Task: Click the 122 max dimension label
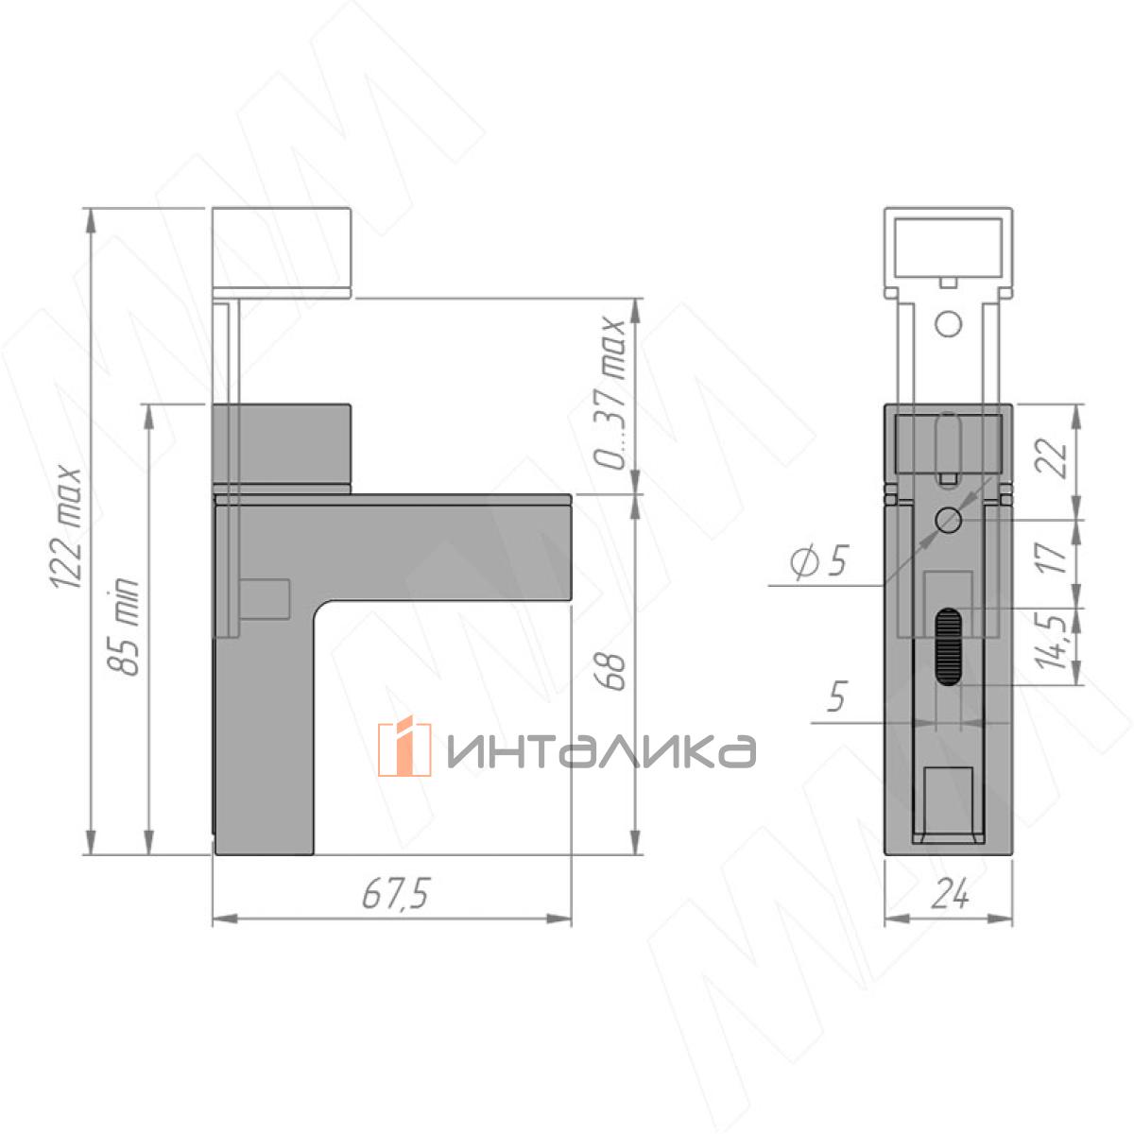(66, 527)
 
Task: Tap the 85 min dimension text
(124, 627)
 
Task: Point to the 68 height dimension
(610, 670)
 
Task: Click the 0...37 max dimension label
(610, 393)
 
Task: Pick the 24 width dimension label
(950, 895)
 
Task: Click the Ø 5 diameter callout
(818, 562)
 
